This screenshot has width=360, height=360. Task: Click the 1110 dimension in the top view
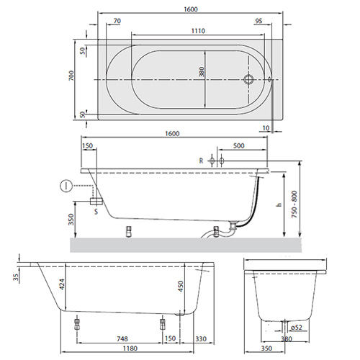(x=198, y=31)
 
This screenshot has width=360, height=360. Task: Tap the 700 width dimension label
(x=71, y=76)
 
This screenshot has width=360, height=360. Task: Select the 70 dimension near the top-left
(x=117, y=21)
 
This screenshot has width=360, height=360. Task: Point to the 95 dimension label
(x=258, y=21)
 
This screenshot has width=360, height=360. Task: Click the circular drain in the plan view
(x=248, y=79)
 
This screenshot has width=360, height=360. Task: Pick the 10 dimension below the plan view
(x=266, y=128)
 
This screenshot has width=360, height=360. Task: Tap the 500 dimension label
(x=238, y=145)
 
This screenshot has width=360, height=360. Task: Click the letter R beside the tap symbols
(x=201, y=161)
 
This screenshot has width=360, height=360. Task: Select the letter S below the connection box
(x=96, y=212)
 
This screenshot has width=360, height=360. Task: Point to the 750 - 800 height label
(x=294, y=204)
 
